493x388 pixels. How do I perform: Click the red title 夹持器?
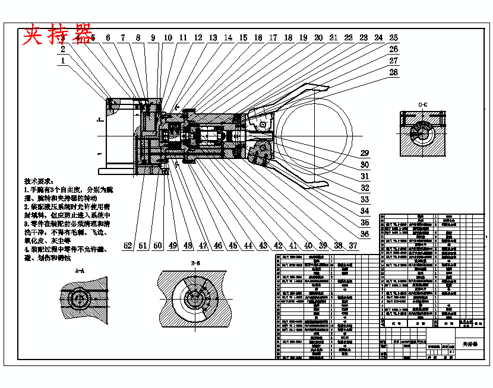coord(58,36)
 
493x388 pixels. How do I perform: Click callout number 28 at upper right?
coord(393,72)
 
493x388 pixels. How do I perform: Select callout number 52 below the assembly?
coord(128,246)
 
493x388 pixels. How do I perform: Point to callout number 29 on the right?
coord(365,153)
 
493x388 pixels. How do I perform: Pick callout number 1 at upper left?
coord(63,60)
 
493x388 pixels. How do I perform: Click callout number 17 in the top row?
coord(273,38)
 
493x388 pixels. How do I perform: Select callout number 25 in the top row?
coord(393,38)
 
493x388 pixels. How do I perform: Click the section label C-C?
coord(423,105)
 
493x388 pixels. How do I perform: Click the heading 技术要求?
coord(39,181)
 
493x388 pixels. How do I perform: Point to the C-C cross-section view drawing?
coord(423,133)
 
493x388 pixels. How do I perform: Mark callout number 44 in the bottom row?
coord(248,246)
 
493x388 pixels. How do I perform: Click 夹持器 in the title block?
coord(470,344)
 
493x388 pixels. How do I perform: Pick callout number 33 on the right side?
coord(365,199)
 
